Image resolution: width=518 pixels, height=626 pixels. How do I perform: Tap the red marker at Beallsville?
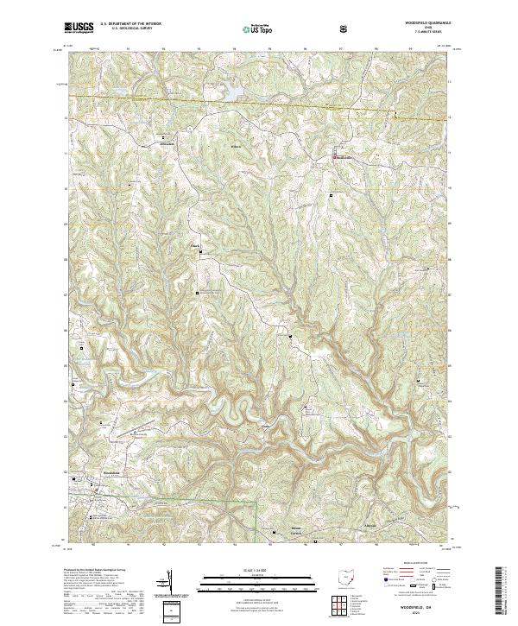click(x=336, y=156)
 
